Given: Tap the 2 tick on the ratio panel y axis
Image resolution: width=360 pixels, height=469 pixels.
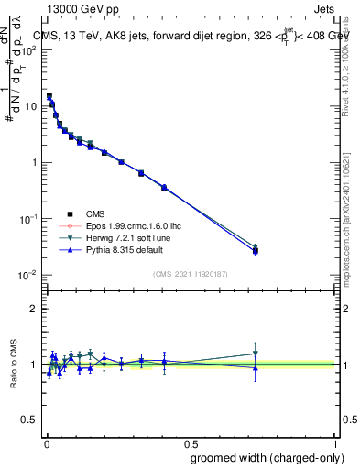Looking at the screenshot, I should click(x=34, y=309).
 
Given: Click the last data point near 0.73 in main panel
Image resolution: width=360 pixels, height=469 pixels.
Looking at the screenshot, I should click(x=256, y=250).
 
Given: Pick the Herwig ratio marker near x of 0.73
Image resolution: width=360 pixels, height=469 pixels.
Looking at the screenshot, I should click(x=256, y=354).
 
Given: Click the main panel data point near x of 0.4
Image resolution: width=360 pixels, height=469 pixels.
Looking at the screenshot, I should click(x=164, y=187).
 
